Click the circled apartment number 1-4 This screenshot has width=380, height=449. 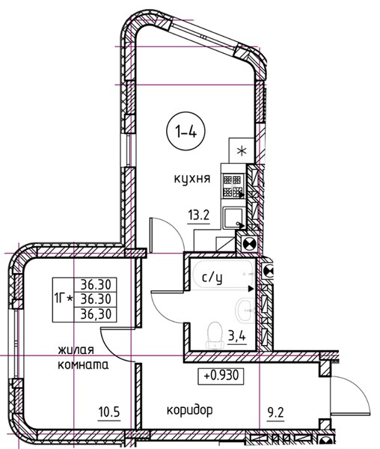[186, 132]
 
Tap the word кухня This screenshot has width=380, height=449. [192, 179]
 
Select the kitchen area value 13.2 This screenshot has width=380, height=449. [199, 214]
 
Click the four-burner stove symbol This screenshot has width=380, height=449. [233, 186]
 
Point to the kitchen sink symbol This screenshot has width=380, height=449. [233, 219]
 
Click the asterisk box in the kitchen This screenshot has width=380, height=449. [242, 150]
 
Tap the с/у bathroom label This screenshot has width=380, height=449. [212, 278]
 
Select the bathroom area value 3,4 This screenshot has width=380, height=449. [237, 335]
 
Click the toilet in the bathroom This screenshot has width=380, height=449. [215, 335]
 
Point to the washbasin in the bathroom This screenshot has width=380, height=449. [245, 311]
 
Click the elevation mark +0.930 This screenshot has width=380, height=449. [221, 376]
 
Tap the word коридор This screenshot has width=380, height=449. [190, 411]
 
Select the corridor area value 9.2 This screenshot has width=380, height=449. [275, 413]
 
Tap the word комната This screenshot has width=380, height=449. [83, 365]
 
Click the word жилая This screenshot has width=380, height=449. [76, 350]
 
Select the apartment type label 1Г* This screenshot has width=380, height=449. [63, 299]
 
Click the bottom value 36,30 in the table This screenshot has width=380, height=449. [96, 314]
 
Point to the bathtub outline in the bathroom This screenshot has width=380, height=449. [224, 274]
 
